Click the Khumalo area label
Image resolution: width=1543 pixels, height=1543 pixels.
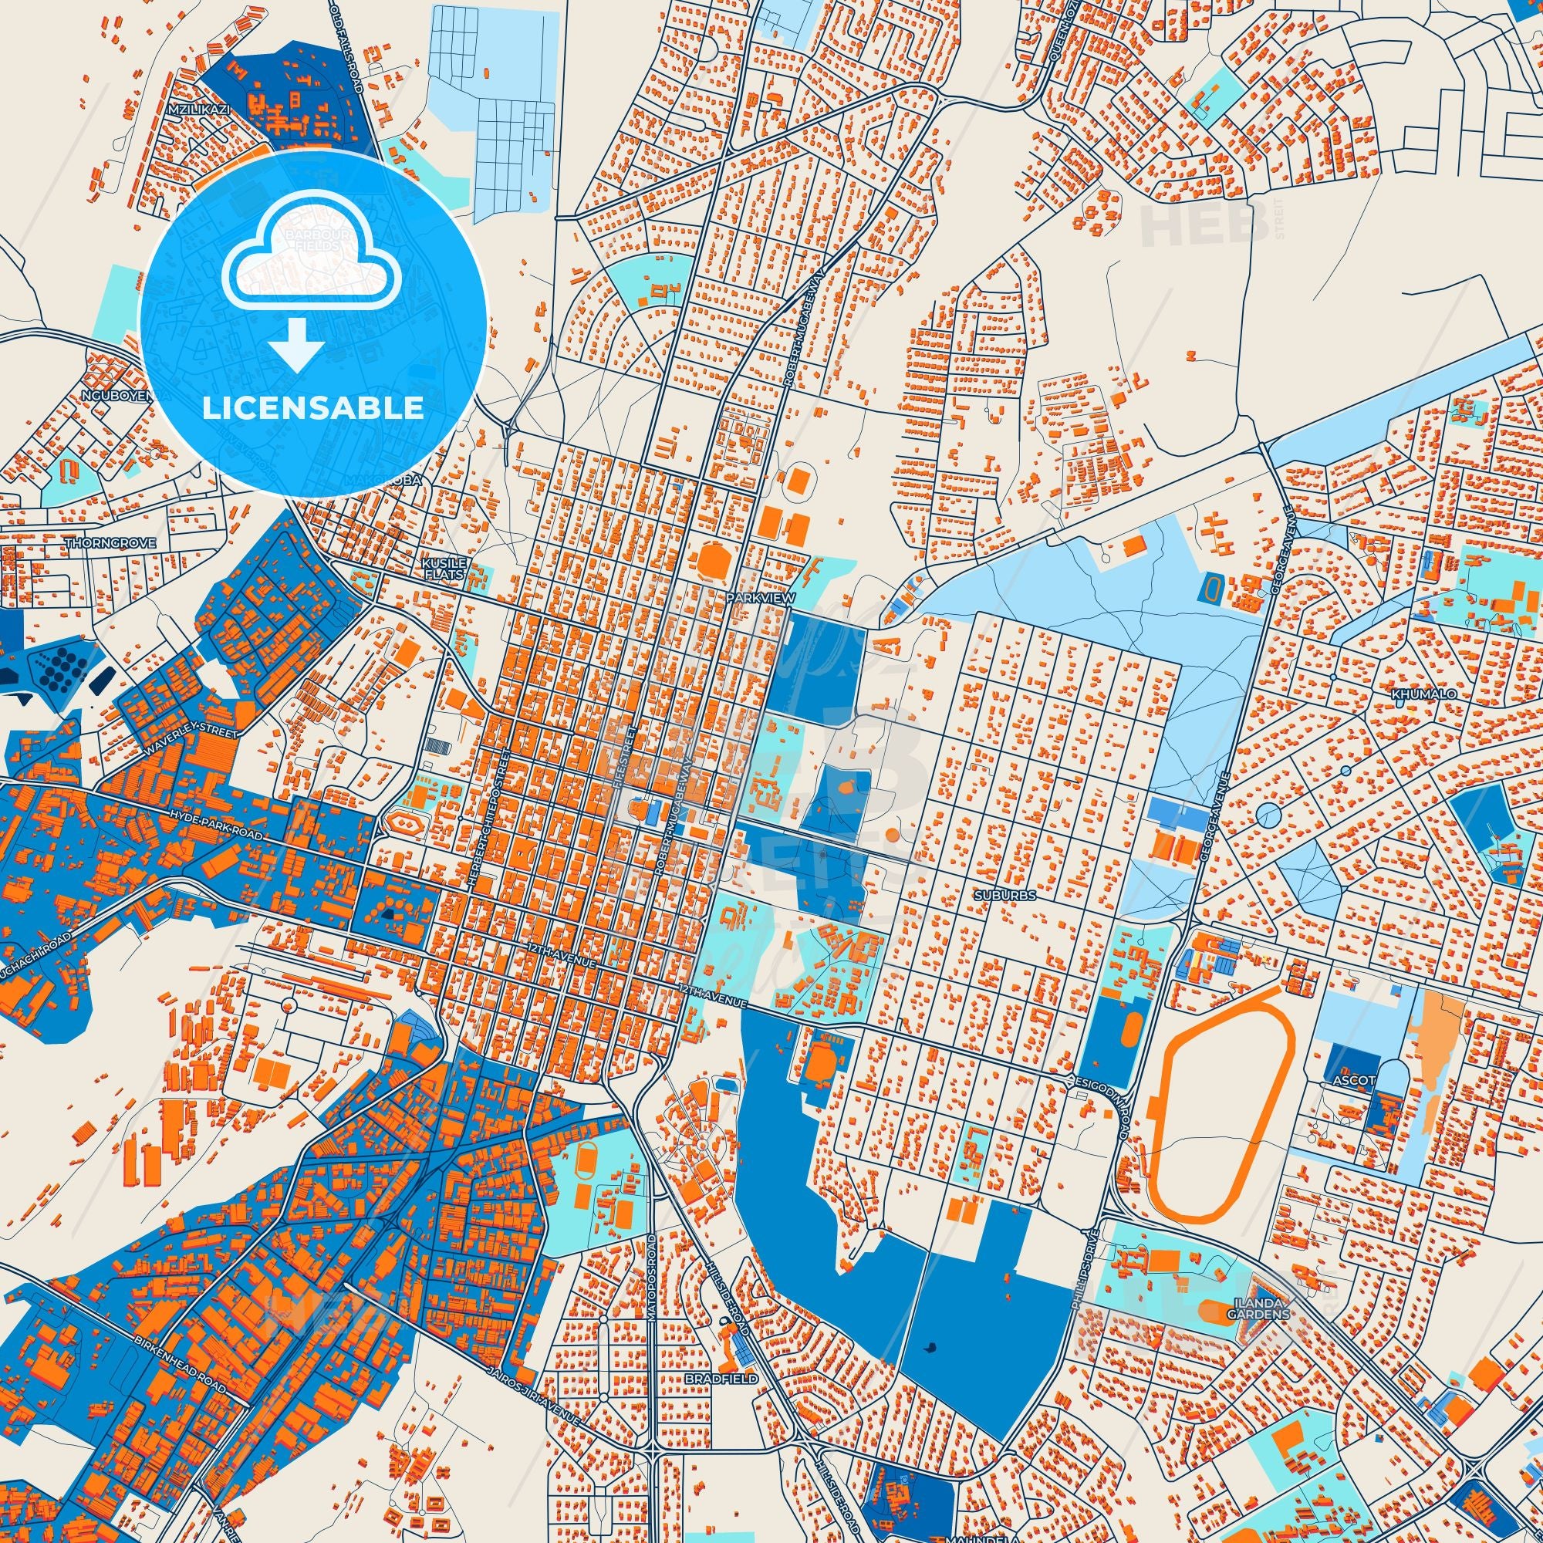[x=1424, y=694]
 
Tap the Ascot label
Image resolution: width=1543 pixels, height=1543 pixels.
[x=1355, y=1081]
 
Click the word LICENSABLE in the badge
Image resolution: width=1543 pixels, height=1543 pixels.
[x=313, y=408]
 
